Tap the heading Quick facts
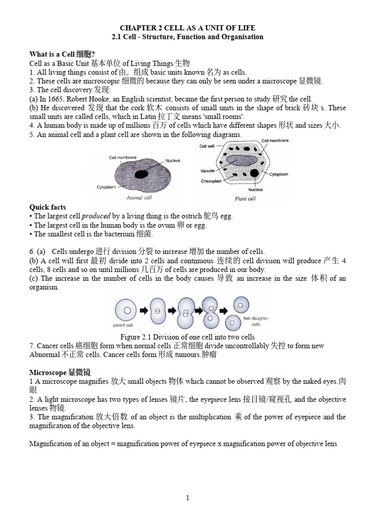click(47, 207)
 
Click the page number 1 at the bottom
click(188, 484)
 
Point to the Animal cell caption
click(139, 198)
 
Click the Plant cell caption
click(245, 199)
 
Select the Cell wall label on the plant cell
click(207, 146)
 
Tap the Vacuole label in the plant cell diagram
click(207, 170)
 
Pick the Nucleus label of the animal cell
click(173, 161)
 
